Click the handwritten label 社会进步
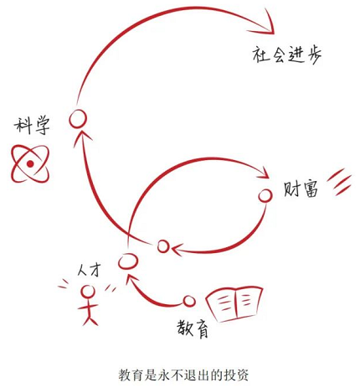click(287, 55)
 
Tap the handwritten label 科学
click(32, 126)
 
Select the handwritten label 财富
click(301, 190)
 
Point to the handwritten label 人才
click(88, 271)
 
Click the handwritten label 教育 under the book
click(193, 329)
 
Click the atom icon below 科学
click(30, 164)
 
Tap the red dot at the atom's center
click(30, 164)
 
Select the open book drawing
click(234, 303)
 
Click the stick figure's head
click(88, 292)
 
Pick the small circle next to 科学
click(78, 118)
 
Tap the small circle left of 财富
click(265, 196)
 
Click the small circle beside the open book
click(189, 301)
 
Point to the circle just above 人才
click(128, 261)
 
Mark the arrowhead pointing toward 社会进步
click(264, 23)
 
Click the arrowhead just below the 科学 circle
click(81, 137)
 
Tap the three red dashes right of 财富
click(339, 182)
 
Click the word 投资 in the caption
click(236, 375)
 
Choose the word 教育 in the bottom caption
click(131, 375)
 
